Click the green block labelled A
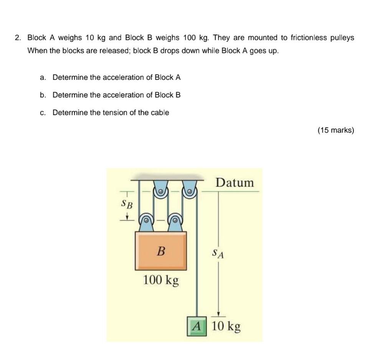click(197, 327)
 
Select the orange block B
click(161, 251)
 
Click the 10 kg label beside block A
click(226, 326)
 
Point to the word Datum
click(234, 183)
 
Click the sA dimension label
click(218, 254)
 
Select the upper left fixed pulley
click(160, 190)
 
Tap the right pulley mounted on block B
click(175, 220)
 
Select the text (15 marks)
click(336, 130)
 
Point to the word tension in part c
click(117, 112)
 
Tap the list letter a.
click(43, 77)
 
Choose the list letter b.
click(43, 95)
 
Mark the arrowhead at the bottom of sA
click(218, 313)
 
